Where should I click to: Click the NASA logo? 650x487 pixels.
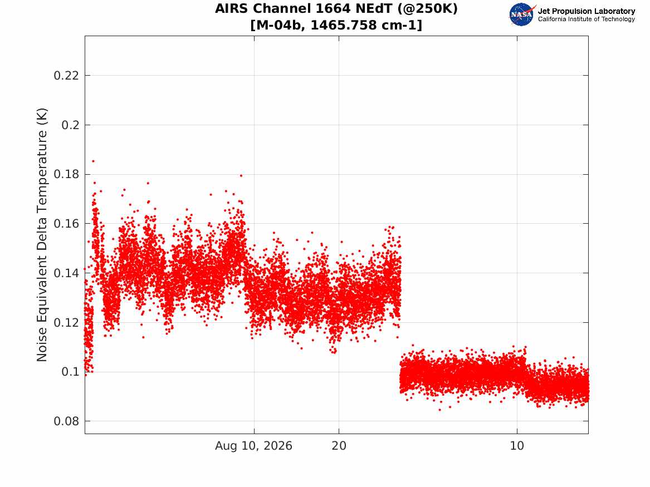[x=522, y=14]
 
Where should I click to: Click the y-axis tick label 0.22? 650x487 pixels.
[x=66, y=75]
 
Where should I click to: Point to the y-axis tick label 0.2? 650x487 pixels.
[x=71, y=125]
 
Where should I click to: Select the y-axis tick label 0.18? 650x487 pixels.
[x=66, y=174]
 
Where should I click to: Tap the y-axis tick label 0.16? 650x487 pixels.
[x=66, y=224]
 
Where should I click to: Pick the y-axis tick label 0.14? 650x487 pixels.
[x=66, y=273]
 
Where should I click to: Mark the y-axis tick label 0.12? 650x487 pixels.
[x=66, y=322]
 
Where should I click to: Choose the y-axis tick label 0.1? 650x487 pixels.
[x=71, y=371]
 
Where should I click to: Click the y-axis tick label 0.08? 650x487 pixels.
[x=66, y=421]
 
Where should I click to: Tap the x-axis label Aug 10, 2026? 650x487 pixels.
[x=253, y=446]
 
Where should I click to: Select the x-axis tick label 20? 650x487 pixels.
[x=339, y=446]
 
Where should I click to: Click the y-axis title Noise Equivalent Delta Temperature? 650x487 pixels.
[x=42, y=235]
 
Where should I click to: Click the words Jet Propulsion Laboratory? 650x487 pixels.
[x=587, y=11]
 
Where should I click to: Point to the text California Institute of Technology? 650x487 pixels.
[x=587, y=19]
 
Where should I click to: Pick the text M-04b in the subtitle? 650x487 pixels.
[x=280, y=25]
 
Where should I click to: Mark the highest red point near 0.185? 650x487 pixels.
[x=93, y=161]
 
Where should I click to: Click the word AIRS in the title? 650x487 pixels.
[x=232, y=8]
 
